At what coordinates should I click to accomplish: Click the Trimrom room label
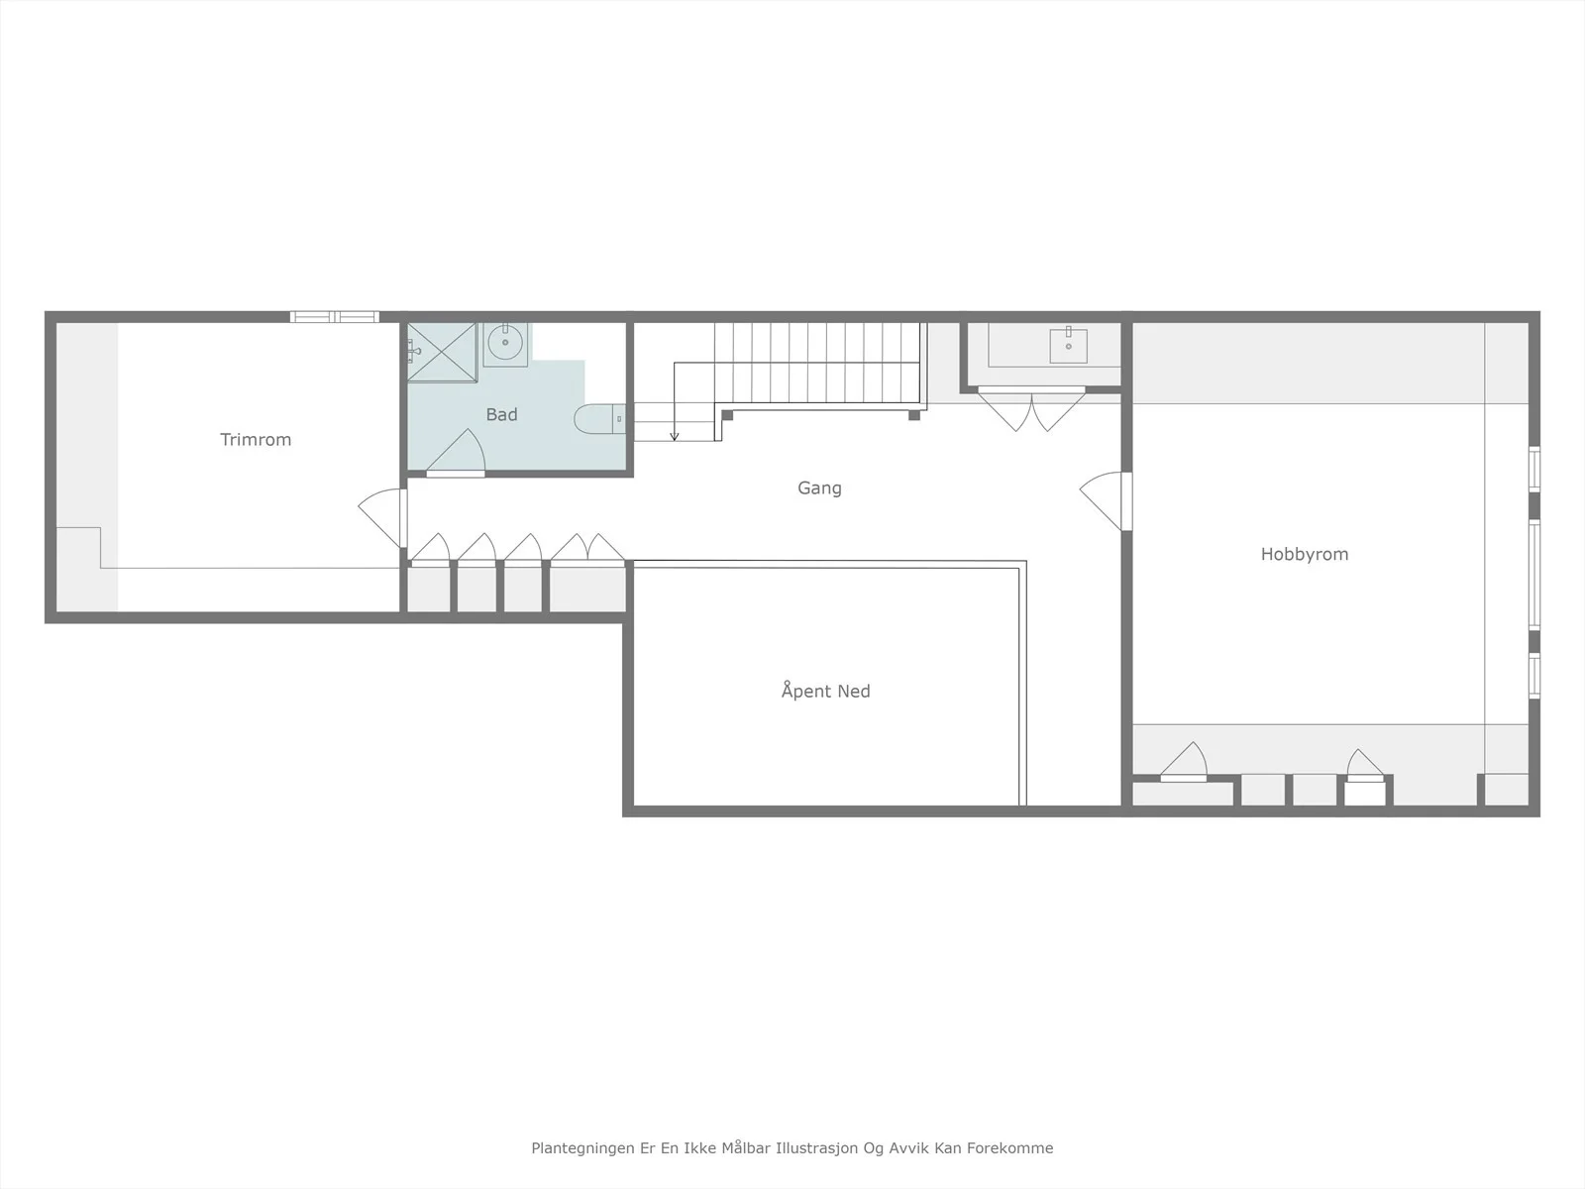[256, 440]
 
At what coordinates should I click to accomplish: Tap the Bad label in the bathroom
[502, 414]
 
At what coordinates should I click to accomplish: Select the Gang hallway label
[819, 488]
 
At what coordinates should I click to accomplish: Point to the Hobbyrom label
[1304, 555]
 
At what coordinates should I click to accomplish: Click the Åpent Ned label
[825, 691]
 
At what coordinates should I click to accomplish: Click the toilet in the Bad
[600, 419]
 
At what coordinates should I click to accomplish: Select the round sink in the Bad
[505, 344]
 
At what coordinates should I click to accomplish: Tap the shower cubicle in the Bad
[442, 352]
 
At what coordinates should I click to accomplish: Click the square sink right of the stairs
[1068, 345]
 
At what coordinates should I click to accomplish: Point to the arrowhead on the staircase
[675, 436]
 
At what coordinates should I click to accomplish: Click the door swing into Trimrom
[382, 517]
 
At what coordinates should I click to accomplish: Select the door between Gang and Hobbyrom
[1106, 501]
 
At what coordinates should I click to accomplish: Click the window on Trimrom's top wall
[334, 317]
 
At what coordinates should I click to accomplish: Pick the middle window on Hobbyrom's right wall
[1534, 574]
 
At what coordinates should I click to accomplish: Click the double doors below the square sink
[1031, 409]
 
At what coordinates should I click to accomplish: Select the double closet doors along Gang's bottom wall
[587, 547]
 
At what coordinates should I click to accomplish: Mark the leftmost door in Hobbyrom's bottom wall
[1184, 762]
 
